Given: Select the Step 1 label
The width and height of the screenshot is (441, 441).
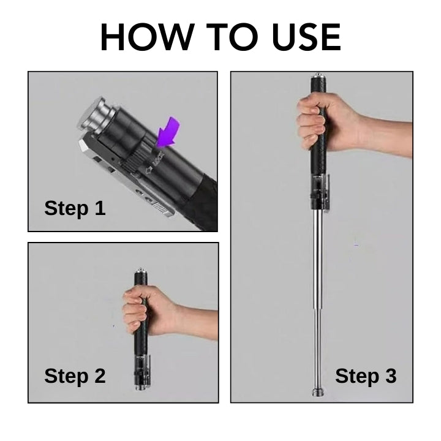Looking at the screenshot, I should coord(75,208).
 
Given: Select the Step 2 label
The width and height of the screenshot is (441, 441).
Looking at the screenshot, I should coord(75,375).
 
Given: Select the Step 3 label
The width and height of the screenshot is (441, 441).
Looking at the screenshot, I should coord(366,375).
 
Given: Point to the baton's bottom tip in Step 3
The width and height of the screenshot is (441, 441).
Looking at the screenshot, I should coord(318,392).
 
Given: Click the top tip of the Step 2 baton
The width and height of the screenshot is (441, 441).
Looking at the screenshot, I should coord(140,269).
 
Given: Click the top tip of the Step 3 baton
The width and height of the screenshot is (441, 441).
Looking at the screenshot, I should coord(318,77).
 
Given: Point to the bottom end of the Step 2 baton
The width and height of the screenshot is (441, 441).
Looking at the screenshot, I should coord(140,386).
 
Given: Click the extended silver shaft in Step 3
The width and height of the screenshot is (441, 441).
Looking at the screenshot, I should coord(318,276).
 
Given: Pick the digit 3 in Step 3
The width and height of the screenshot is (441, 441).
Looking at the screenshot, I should coord(390,375).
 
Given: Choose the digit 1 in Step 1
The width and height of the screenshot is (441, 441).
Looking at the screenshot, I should coord(99,208).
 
